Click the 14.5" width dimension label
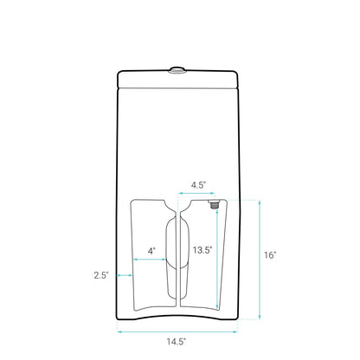point(177,342)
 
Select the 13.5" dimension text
point(202,250)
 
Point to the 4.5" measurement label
point(198,184)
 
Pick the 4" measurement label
point(151,250)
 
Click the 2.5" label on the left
point(101,275)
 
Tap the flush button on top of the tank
point(177,68)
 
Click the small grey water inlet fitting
point(213,205)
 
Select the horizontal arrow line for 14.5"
point(177,330)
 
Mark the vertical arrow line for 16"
point(259,255)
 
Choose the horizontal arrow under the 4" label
point(151,260)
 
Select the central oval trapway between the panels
point(177,251)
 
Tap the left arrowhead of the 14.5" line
point(119,330)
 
